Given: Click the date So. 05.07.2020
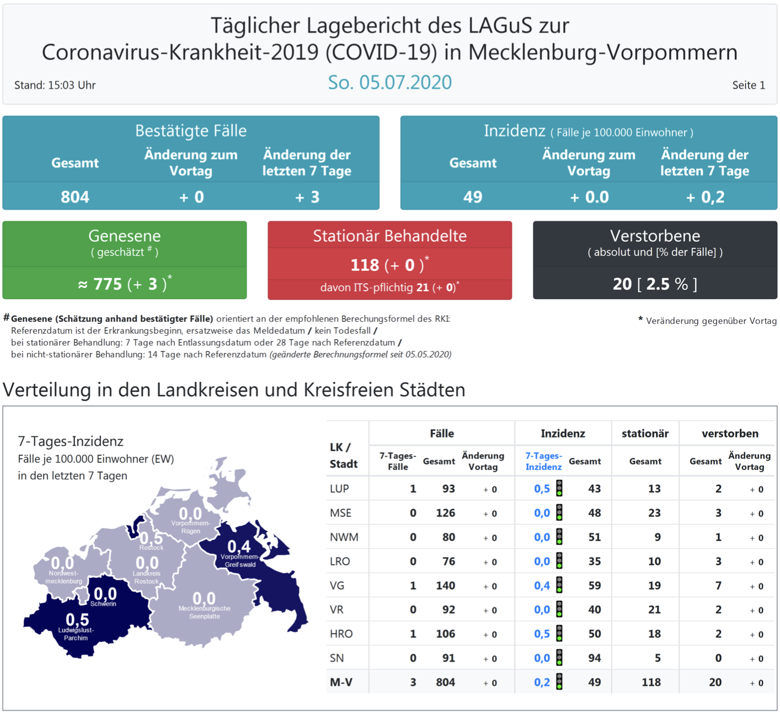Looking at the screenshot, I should pos(389,82).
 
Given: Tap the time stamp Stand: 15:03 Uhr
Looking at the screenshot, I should pos(55,85).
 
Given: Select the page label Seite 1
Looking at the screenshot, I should pos(748,85).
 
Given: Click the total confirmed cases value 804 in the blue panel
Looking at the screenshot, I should pos(75,197).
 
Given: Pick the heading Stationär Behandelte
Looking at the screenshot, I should pos(389,236).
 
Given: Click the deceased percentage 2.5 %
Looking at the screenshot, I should pos(667,284).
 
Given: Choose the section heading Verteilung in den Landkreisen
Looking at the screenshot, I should pos(234,389).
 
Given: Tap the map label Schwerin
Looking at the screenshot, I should pos(103,604).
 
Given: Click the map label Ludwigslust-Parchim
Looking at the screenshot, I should pos(76,634).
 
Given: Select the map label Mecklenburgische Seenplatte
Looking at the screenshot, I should pos(204,612).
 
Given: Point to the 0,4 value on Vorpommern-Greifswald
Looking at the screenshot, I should pos(239,546).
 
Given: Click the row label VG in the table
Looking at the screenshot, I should pos(337,585).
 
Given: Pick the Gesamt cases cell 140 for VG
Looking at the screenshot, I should pos(445,585).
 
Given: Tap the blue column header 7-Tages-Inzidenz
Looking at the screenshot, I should pos(543,461).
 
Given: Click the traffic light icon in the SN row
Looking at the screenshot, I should pos(559,658).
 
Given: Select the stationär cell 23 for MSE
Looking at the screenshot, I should pos(654,513).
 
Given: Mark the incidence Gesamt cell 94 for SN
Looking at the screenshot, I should pos(594,658).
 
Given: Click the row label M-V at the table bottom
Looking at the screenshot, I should pos(341,682).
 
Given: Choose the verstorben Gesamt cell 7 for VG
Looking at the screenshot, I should pos(718,585).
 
